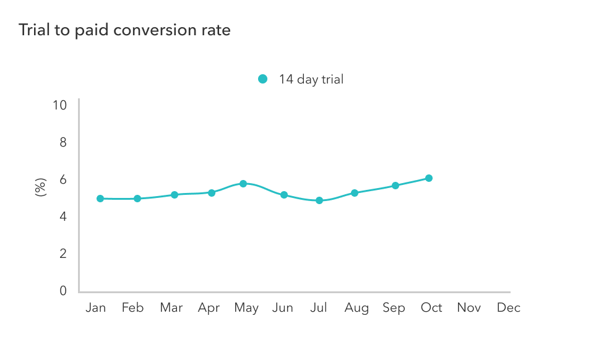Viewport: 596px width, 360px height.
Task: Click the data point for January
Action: click(x=100, y=199)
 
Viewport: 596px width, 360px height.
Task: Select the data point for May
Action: click(x=243, y=184)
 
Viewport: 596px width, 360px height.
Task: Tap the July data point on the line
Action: click(x=319, y=200)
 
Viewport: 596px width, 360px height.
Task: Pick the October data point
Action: click(x=428, y=178)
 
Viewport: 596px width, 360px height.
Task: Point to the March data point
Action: click(x=175, y=195)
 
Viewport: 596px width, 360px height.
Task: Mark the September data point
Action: click(x=395, y=186)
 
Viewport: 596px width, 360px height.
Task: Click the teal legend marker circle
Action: click(x=262, y=79)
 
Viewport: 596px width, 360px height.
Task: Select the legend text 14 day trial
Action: click(x=311, y=79)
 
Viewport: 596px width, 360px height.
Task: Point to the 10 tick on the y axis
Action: click(x=59, y=105)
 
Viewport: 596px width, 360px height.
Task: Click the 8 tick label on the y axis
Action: click(x=63, y=142)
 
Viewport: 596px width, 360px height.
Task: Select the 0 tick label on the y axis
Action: click(x=63, y=291)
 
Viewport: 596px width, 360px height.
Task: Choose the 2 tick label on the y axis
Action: click(x=63, y=254)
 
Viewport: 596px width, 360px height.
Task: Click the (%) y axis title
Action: click(x=41, y=187)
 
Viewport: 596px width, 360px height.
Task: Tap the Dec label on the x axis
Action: click(x=508, y=308)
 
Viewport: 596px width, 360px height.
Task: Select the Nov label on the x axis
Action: click(x=469, y=308)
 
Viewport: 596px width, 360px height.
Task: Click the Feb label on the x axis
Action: click(x=132, y=308)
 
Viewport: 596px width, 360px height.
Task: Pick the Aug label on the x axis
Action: click(x=356, y=308)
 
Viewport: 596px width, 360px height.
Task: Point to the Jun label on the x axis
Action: click(x=282, y=308)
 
